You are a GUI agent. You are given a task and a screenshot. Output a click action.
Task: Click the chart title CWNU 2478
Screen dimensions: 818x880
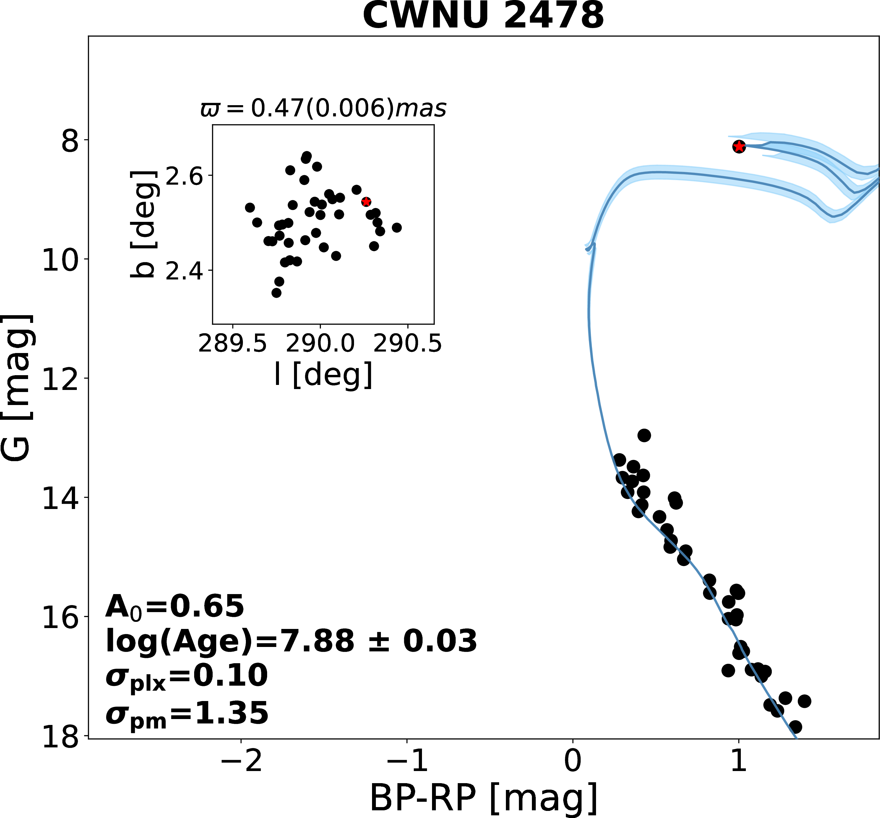pyautogui.click(x=483, y=16)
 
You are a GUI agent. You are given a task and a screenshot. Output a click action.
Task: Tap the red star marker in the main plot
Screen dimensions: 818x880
pyautogui.click(x=739, y=147)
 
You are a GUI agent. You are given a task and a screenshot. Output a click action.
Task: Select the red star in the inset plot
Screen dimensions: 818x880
pyautogui.click(x=366, y=202)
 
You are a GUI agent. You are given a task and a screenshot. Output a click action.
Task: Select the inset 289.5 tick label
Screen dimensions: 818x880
pyautogui.click(x=233, y=344)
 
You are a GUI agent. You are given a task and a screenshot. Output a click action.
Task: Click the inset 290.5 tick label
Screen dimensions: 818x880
pyautogui.click(x=407, y=344)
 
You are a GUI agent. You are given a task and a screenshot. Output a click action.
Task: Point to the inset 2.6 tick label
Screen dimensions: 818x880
pyautogui.click(x=184, y=177)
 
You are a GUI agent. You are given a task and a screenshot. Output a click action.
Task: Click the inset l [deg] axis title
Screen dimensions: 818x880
pyautogui.click(x=324, y=375)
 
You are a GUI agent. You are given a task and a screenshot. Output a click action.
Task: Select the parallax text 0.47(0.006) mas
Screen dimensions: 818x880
pyautogui.click(x=323, y=108)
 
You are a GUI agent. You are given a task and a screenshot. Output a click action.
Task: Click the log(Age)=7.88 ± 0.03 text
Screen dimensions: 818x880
pyautogui.click(x=291, y=641)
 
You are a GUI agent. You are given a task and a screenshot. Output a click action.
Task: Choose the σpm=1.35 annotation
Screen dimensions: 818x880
pyautogui.click(x=187, y=713)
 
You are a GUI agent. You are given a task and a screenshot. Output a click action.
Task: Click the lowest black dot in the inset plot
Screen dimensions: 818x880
pyautogui.click(x=276, y=292)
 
